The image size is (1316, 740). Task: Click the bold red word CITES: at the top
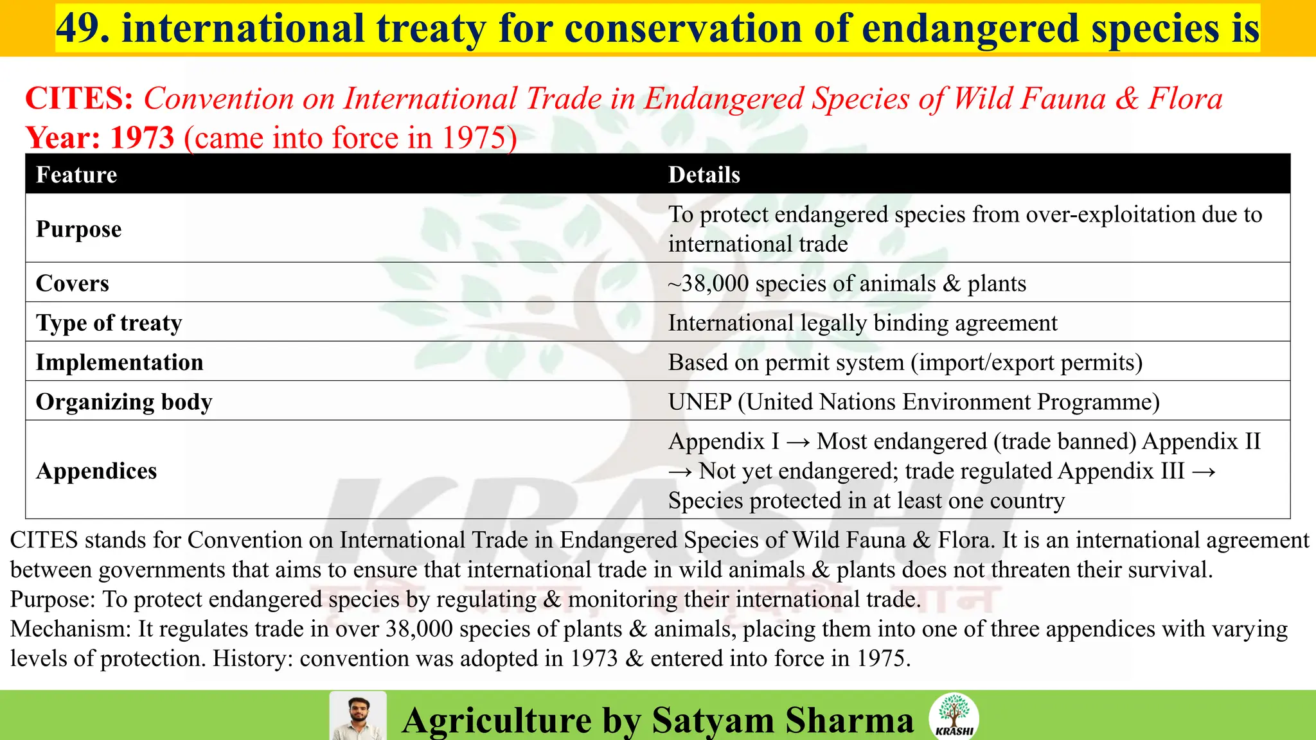[x=79, y=98]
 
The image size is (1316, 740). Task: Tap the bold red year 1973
[x=142, y=137]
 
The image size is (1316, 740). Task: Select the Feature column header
[x=76, y=175]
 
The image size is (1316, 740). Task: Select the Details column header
[x=704, y=175]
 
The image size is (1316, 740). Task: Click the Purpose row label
[x=78, y=229]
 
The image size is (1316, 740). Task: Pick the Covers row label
[x=72, y=283]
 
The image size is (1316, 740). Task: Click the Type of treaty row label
[x=109, y=322]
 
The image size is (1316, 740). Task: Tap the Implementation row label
[x=120, y=362]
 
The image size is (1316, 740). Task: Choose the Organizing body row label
[x=124, y=401]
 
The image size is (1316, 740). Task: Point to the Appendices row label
[x=96, y=471]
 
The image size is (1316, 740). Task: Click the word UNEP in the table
[x=699, y=401]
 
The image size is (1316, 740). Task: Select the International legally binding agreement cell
[x=862, y=322]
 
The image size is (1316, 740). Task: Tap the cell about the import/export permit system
[x=905, y=362]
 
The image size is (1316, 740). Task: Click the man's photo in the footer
[x=358, y=716]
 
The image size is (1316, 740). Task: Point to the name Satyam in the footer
[x=713, y=719]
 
